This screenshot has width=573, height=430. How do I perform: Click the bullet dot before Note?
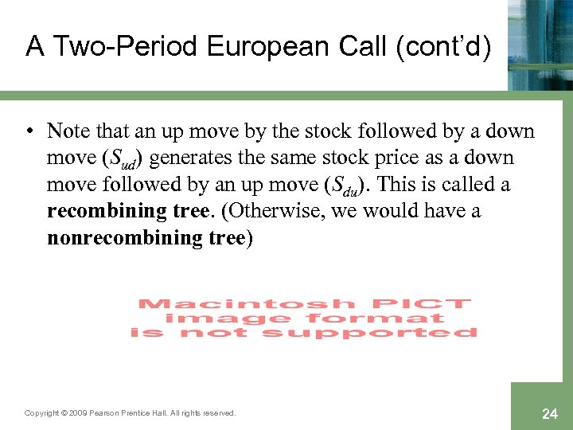[29, 131]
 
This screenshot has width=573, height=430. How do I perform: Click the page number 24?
[550, 414]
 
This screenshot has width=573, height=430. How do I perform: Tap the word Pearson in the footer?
[105, 413]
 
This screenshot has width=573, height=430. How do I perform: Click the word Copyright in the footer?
[42, 413]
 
